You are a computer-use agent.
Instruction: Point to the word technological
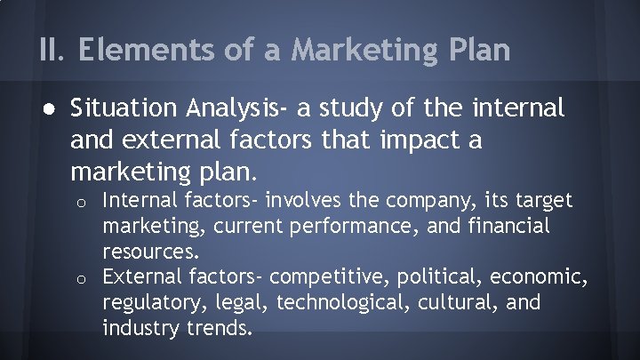coord(334,304)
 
